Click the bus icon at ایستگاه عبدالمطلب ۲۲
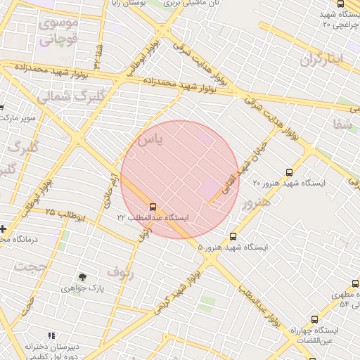click(153, 207)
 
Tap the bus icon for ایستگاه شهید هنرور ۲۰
click(289, 172)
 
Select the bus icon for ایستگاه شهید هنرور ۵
click(233, 237)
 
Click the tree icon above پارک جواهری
click(83, 277)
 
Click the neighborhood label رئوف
click(120, 270)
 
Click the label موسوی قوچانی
click(60, 32)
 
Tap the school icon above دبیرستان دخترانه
click(50, 336)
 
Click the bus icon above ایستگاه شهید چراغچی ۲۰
click(340, 4)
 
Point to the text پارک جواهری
click(83, 288)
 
